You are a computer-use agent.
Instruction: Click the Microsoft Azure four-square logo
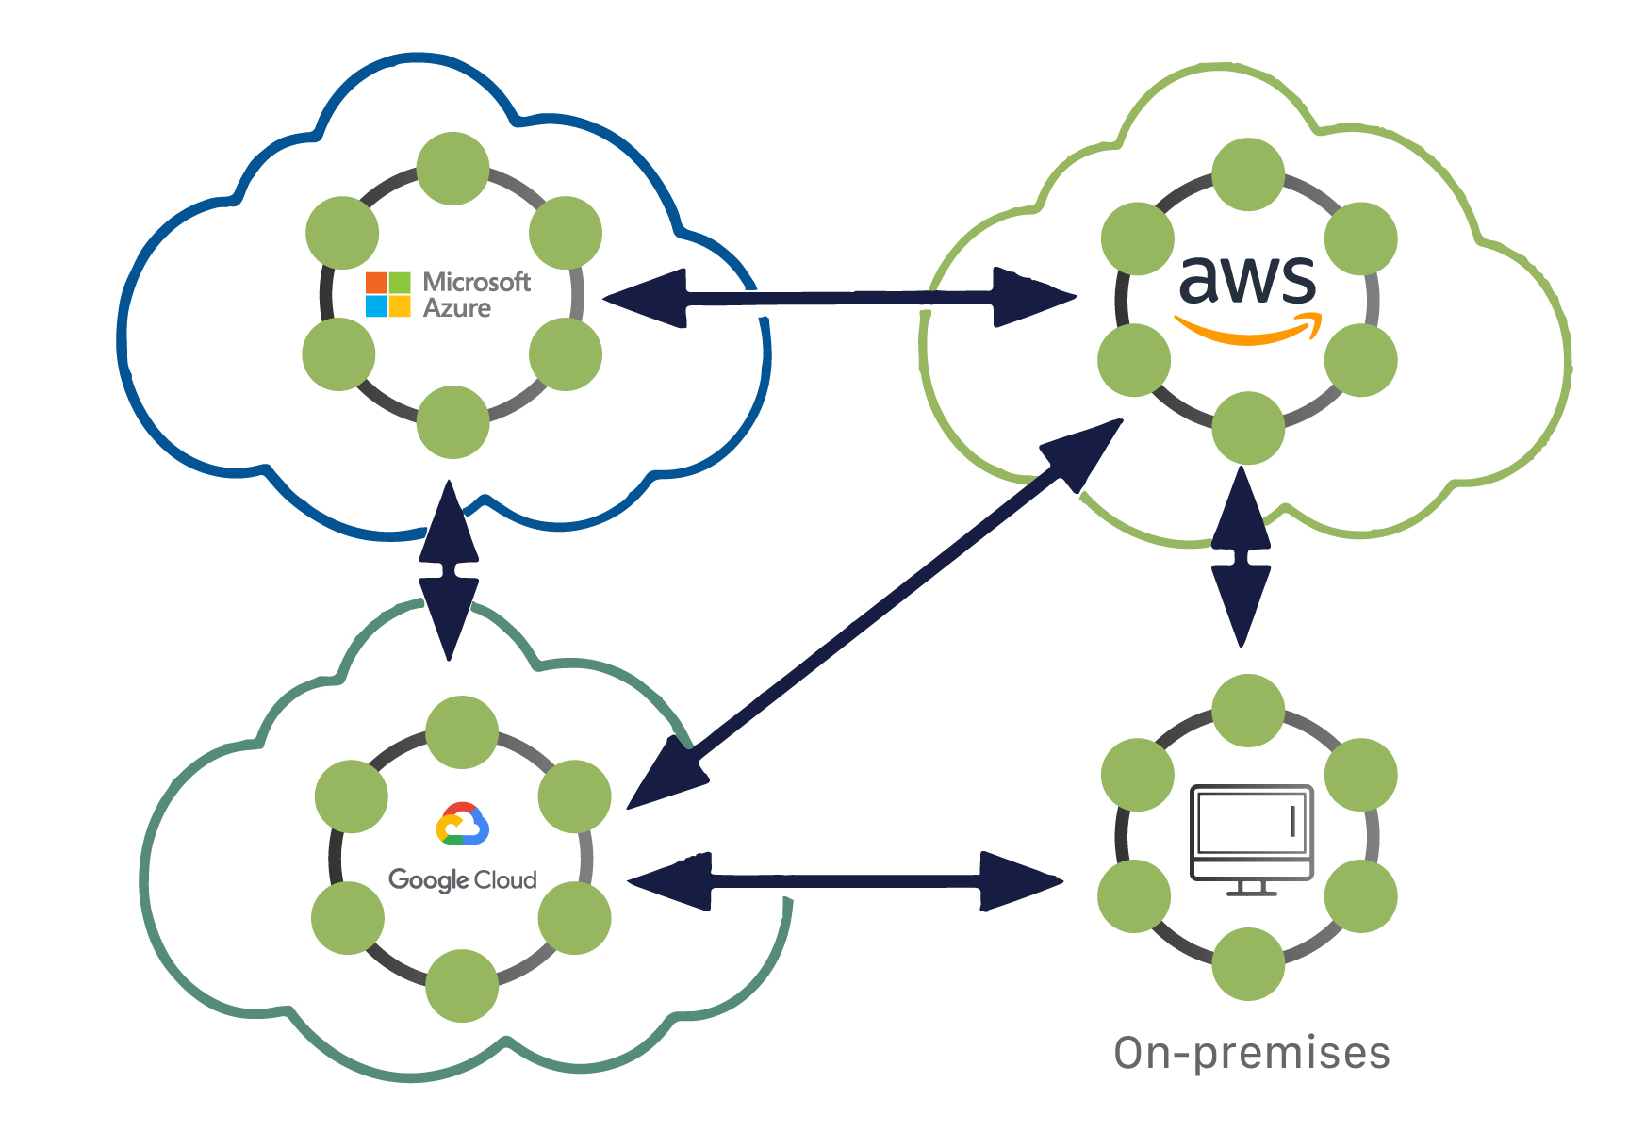[387, 294]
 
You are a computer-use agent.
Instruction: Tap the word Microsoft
[476, 282]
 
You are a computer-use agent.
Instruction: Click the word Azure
[457, 308]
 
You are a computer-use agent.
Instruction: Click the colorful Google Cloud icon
[462, 824]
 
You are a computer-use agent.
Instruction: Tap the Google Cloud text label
[462, 879]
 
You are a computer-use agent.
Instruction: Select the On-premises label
[1251, 1053]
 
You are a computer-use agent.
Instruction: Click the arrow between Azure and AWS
[839, 298]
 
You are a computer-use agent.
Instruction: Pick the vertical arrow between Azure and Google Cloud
[450, 570]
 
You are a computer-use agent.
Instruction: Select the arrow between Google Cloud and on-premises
[844, 881]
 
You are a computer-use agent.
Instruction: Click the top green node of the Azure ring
[452, 169]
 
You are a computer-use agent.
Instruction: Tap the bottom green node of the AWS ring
[1247, 428]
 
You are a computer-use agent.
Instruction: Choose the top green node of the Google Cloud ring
[461, 732]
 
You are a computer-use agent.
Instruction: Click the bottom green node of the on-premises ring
[1247, 963]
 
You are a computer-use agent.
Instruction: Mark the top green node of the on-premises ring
[1247, 711]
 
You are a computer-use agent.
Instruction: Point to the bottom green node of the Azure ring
[452, 421]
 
